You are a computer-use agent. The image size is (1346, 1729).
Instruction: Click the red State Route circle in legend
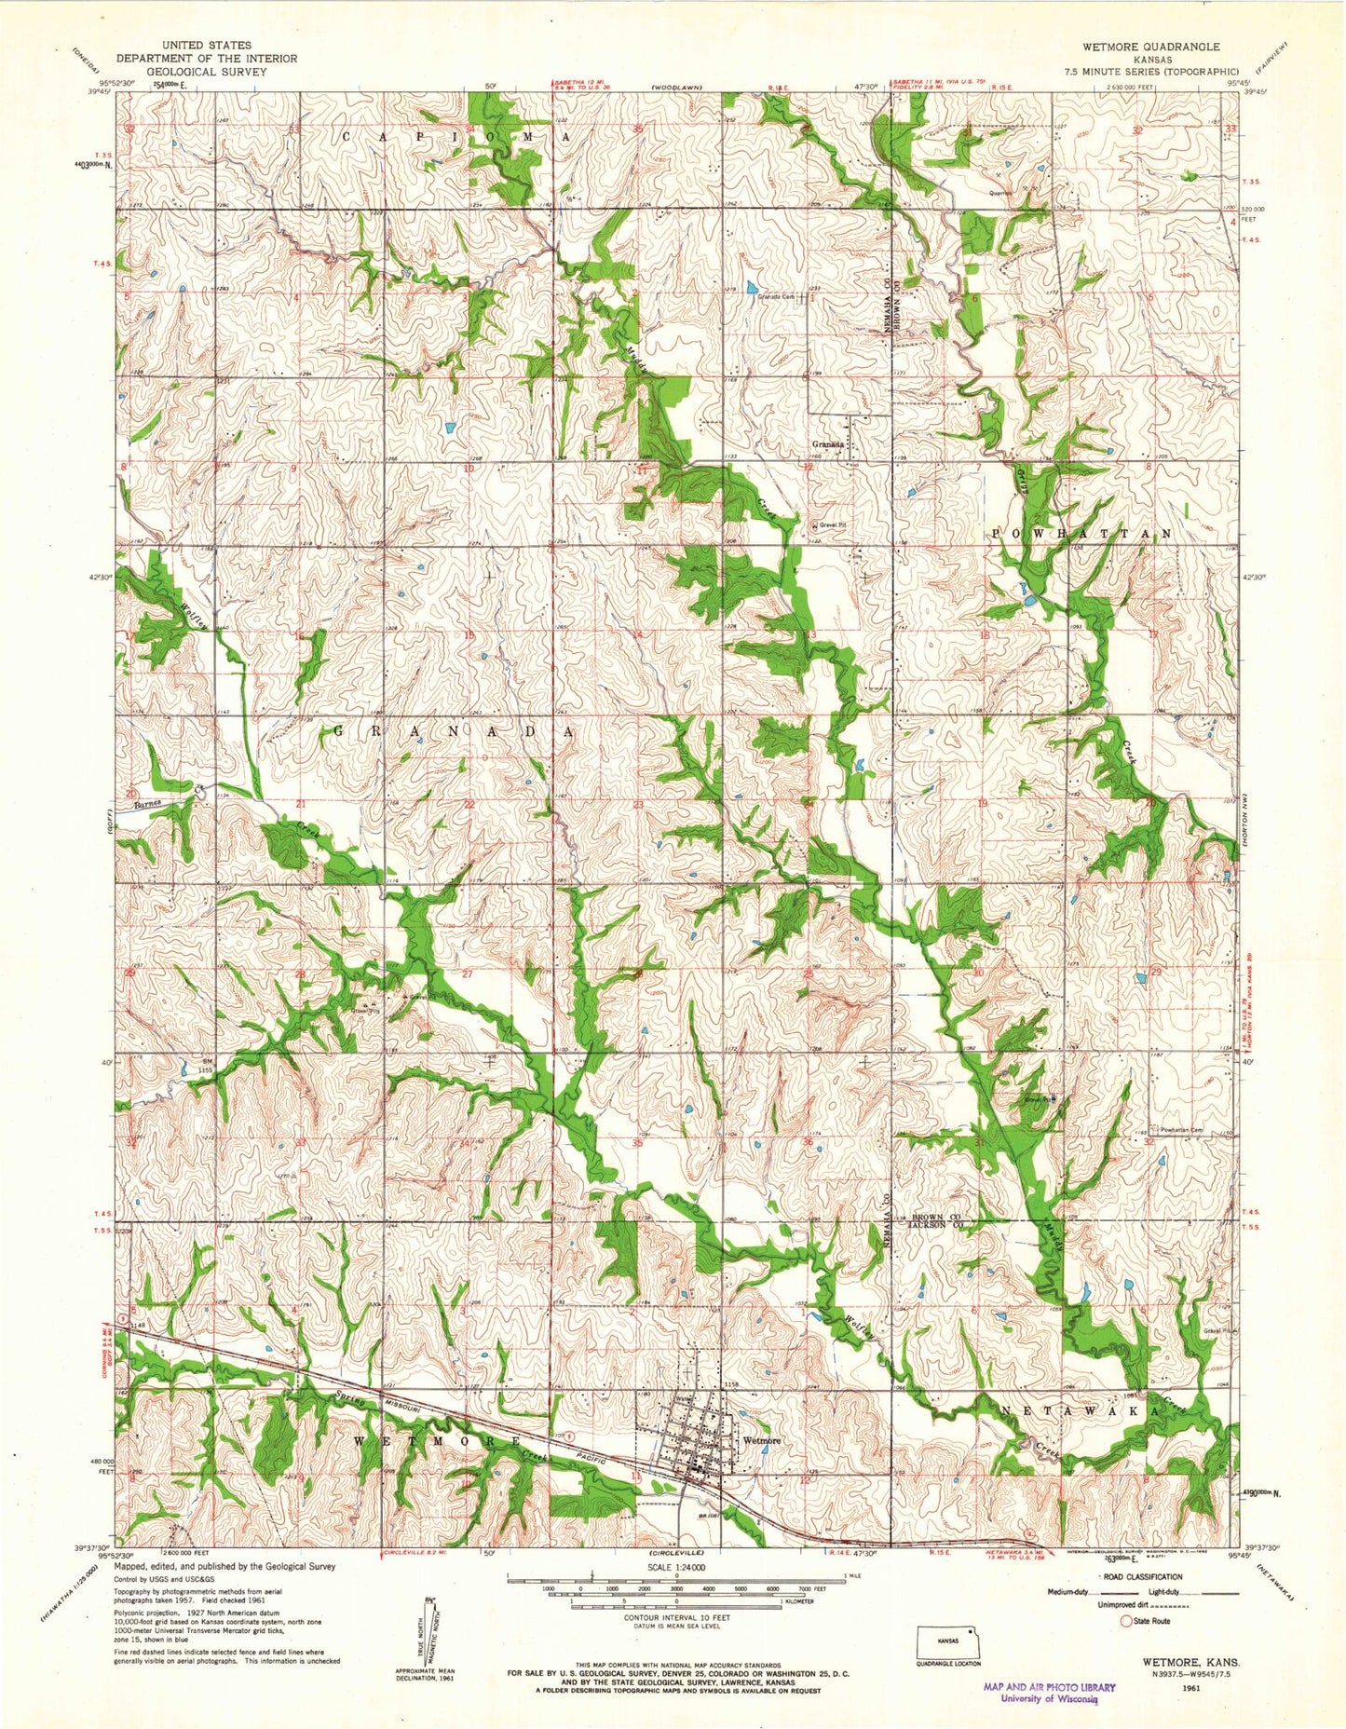point(1125,1620)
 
